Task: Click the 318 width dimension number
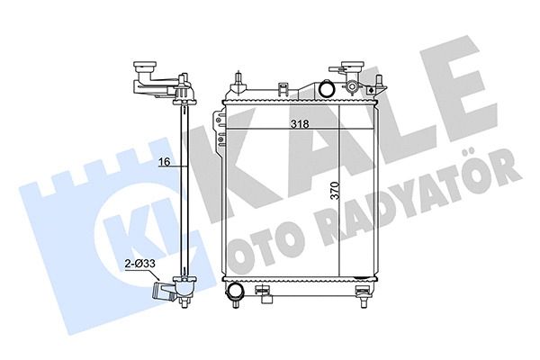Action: pos(300,124)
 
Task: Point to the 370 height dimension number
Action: pos(335,191)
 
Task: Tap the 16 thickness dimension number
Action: pos(165,162)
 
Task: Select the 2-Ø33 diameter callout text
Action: pos(140,265)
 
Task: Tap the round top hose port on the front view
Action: pos(326,88)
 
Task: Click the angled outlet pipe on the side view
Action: pos(164,285)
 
